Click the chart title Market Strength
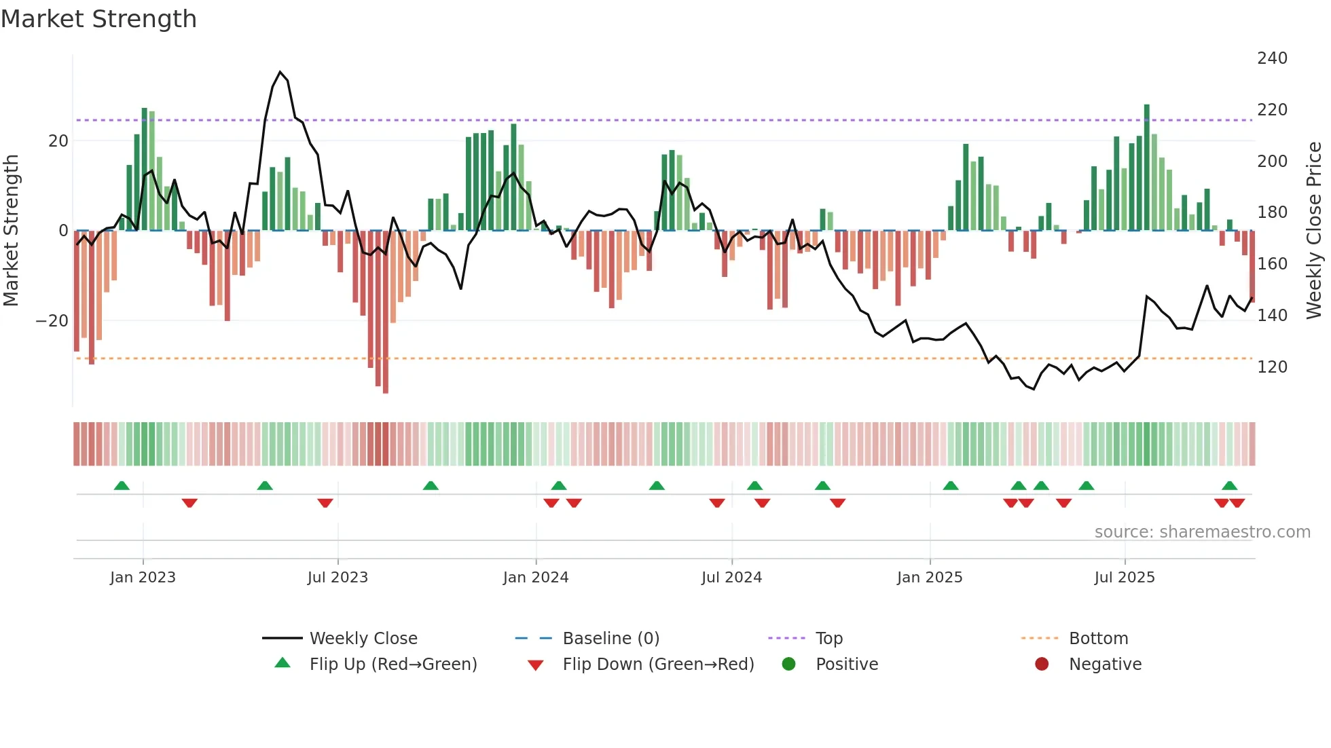click(98, 19)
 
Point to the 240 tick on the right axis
click(1271, 58)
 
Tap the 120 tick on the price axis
click(1271, 367)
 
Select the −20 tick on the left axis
click(52, 320)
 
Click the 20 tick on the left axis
click(58, 141)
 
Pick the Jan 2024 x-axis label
click(535, 578)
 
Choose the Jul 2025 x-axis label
click(1124, 578)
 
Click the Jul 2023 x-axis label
click(337, 578)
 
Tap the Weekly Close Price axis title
click(1314, 231)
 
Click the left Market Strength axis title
click(11, 231)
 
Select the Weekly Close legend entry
click(363, 639)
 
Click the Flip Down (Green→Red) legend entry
click(657, 665)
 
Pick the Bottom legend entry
click(1097, 639)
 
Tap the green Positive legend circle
click(788, 665)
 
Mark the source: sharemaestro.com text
click(1202, 532)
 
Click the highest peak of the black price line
click(280, 72)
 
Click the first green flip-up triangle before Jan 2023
click(122, 486)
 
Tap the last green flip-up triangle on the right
click(1229, 486)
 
